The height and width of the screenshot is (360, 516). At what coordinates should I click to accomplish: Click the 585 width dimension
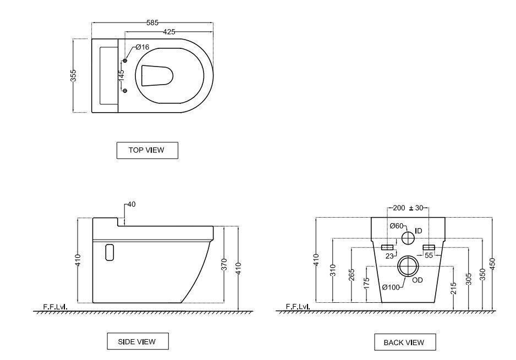[x=152, y=23]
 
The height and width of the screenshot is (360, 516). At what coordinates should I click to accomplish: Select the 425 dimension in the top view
[x=169, y=32]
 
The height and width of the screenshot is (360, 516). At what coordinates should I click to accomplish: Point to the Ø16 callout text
[x=142, y=47]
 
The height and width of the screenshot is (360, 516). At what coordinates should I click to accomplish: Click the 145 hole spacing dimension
[x=121, y=76]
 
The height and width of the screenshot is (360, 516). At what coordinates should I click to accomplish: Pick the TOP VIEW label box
[x=147, y=150]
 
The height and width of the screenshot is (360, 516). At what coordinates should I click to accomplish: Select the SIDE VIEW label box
[x=138, y=341]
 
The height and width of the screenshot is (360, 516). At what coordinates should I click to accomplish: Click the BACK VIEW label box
[x=405, y=342]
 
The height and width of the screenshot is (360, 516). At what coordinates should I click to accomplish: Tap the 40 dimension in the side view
[x=131, y=204]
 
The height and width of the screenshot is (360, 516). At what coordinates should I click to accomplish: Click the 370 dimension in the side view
[x=224, y=265]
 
